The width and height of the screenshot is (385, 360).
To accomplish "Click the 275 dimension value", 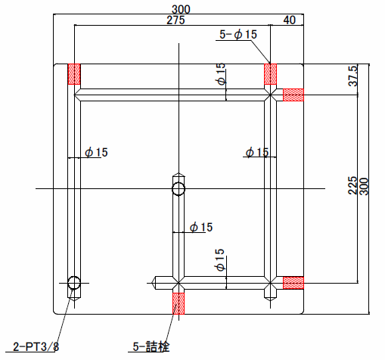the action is click(x=175, y=20).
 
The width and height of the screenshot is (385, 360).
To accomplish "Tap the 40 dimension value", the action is click(x=289, y=20).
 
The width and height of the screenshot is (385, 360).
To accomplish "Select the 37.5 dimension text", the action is click(x=353, y=76).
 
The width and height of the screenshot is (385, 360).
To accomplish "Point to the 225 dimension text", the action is click(x=352, y=185).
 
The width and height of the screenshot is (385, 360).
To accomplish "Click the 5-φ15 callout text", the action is click(x=238, y=34).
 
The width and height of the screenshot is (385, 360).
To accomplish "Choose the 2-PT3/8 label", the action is click(x=36, y=346).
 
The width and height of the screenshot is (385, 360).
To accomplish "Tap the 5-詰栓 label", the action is click(x=151, y=346).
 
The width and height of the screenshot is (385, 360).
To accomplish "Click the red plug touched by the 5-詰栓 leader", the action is click(x=179, y=303).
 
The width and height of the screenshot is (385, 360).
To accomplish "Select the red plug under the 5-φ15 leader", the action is click(x=270, y=74).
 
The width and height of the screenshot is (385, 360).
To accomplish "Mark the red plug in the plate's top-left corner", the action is click(x=74, y=74).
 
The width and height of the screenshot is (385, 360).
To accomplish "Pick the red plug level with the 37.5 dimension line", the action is click(x=293, y=95).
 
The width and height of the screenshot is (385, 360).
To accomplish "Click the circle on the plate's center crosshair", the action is click(x=179, y=188).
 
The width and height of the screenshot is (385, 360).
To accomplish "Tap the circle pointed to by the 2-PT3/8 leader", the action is click(x=74, y=283).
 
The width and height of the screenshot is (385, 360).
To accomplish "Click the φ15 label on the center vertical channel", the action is click(x=201, y=227).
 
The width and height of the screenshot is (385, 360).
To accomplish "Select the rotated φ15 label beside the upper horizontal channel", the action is click(x=220, y=74).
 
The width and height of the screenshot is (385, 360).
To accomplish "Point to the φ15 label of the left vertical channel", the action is click(x=96, y=152).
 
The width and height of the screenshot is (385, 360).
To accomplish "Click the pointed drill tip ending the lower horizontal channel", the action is click(x=153, y=283).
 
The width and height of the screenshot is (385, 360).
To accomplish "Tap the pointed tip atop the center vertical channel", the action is click(x=179, y=175).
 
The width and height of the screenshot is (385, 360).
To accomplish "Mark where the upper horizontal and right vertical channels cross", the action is click(x=270, y=95).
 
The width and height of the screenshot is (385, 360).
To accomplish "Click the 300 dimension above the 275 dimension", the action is click(x=181, y=9).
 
